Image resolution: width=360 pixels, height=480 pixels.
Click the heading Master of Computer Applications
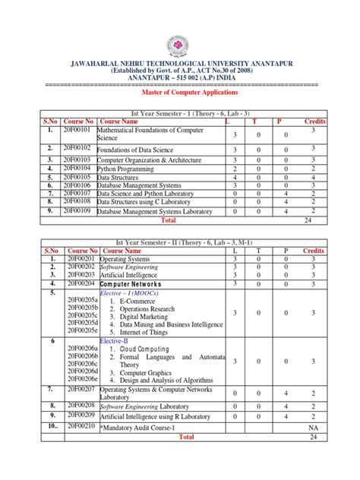pos(180,92)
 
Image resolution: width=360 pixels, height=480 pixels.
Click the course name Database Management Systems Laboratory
pos(155,211)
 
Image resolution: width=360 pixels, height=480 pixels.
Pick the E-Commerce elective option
pos(142,302)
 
